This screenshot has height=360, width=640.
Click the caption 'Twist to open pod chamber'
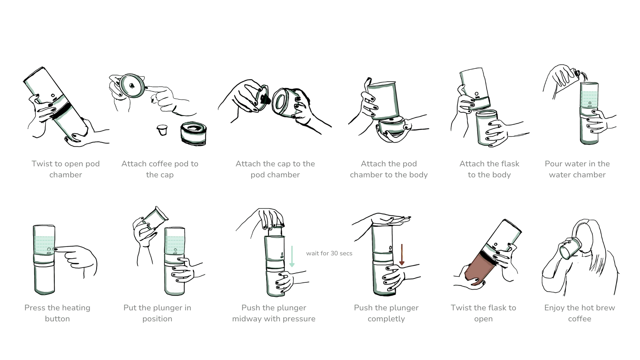(66, 169)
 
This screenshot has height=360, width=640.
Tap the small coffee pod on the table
(162, 130)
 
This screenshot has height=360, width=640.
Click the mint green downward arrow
(292, 257)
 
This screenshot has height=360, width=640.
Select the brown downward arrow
(402, 255)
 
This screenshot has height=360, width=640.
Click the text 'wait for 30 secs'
(329, 253)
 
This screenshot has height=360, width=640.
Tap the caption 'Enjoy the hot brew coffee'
(580, 313)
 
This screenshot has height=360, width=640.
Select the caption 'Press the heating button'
(57, 313)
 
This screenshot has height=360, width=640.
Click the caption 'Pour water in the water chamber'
(577, 169)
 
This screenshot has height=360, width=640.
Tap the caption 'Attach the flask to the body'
(489, 169)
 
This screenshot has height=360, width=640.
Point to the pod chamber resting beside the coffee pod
(194, 134)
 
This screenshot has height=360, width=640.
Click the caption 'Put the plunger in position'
(157, 313)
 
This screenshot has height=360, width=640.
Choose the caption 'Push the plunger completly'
(386, 313)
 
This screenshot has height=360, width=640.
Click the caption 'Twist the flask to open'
(483, 313)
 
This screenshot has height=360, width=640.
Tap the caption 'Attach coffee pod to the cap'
(160, 169)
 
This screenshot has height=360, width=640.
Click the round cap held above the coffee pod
(132, 86)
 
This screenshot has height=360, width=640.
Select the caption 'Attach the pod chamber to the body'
(389, 169)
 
